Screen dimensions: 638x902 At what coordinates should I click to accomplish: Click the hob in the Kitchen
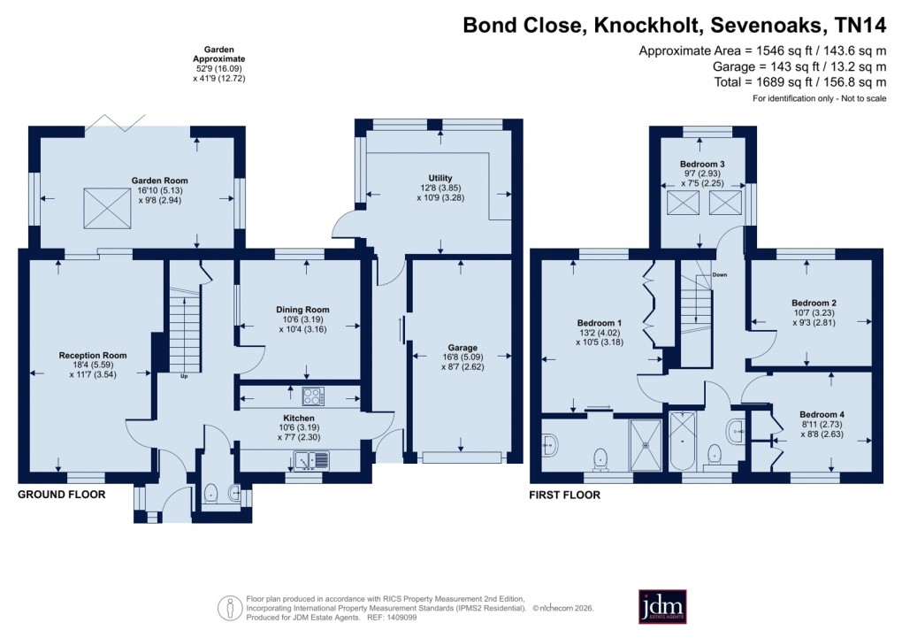(313, 396)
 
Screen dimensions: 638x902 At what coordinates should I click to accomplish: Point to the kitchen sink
(311, 459)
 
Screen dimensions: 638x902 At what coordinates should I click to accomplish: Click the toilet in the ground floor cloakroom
(210, 493)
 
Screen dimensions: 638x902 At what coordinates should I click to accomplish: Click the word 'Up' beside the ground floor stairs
(183, 377)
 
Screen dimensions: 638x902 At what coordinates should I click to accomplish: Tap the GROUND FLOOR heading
(61, 495)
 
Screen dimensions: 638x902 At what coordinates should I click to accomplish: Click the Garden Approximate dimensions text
(218, 65)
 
